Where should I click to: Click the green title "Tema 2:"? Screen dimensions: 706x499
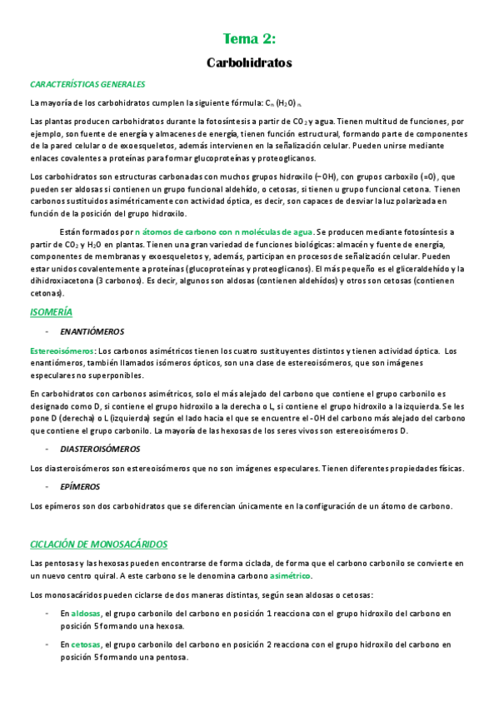(249, 38)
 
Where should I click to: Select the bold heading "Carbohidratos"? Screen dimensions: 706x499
(249, 62)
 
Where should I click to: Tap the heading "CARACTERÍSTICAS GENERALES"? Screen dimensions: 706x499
(87, 84)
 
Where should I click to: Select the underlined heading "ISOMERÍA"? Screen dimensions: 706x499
(51, 311)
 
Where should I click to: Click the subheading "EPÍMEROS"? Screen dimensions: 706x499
(80, 486)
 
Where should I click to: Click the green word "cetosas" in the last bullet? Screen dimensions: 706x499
(86, 644)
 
